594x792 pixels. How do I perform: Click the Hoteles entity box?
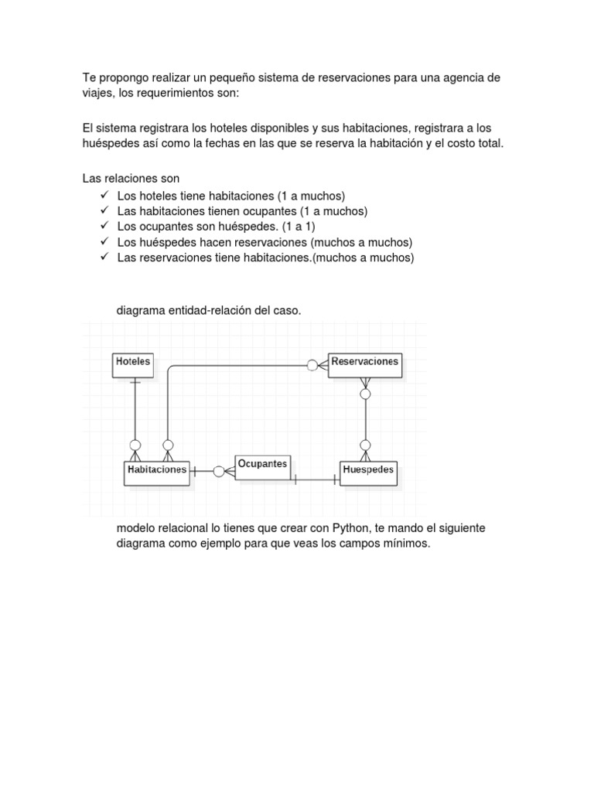click(x=133, y=365)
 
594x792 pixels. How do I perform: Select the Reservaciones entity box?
click(x=364, y=365)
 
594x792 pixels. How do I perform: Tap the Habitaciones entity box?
click(x=156, y=473)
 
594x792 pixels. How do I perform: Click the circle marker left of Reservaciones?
click(x=312, y=365)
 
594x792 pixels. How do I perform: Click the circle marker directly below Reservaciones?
click(x=365, y=394)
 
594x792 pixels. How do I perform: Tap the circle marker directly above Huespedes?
click(x=365, y=445)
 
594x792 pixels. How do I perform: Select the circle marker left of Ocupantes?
click(x=220, y=471)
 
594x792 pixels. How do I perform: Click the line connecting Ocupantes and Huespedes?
click(x=316, y=480)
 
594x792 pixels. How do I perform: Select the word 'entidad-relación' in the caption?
click(x=207, y=310)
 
